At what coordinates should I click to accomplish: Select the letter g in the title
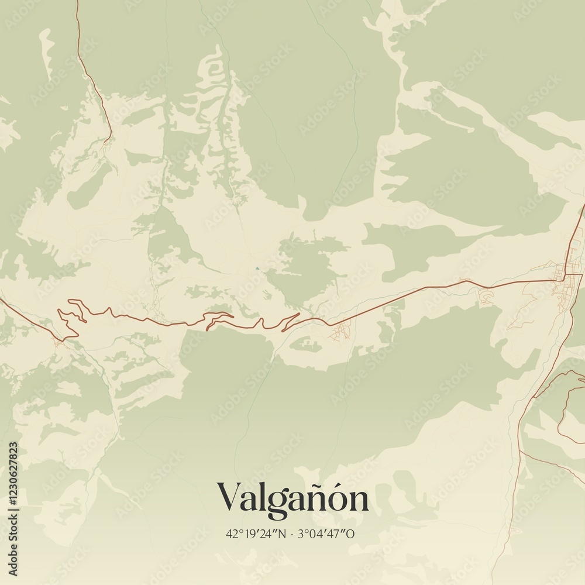click(278, 503)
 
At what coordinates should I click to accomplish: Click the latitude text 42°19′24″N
click(256, 534)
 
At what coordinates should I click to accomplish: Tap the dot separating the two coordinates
click(292, 534)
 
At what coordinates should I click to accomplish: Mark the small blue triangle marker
click(257, 269)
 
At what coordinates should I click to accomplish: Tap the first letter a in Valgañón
click(248, 501)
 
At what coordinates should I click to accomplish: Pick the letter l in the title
click(262, 497)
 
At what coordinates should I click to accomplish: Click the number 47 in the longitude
click(338, 534)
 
